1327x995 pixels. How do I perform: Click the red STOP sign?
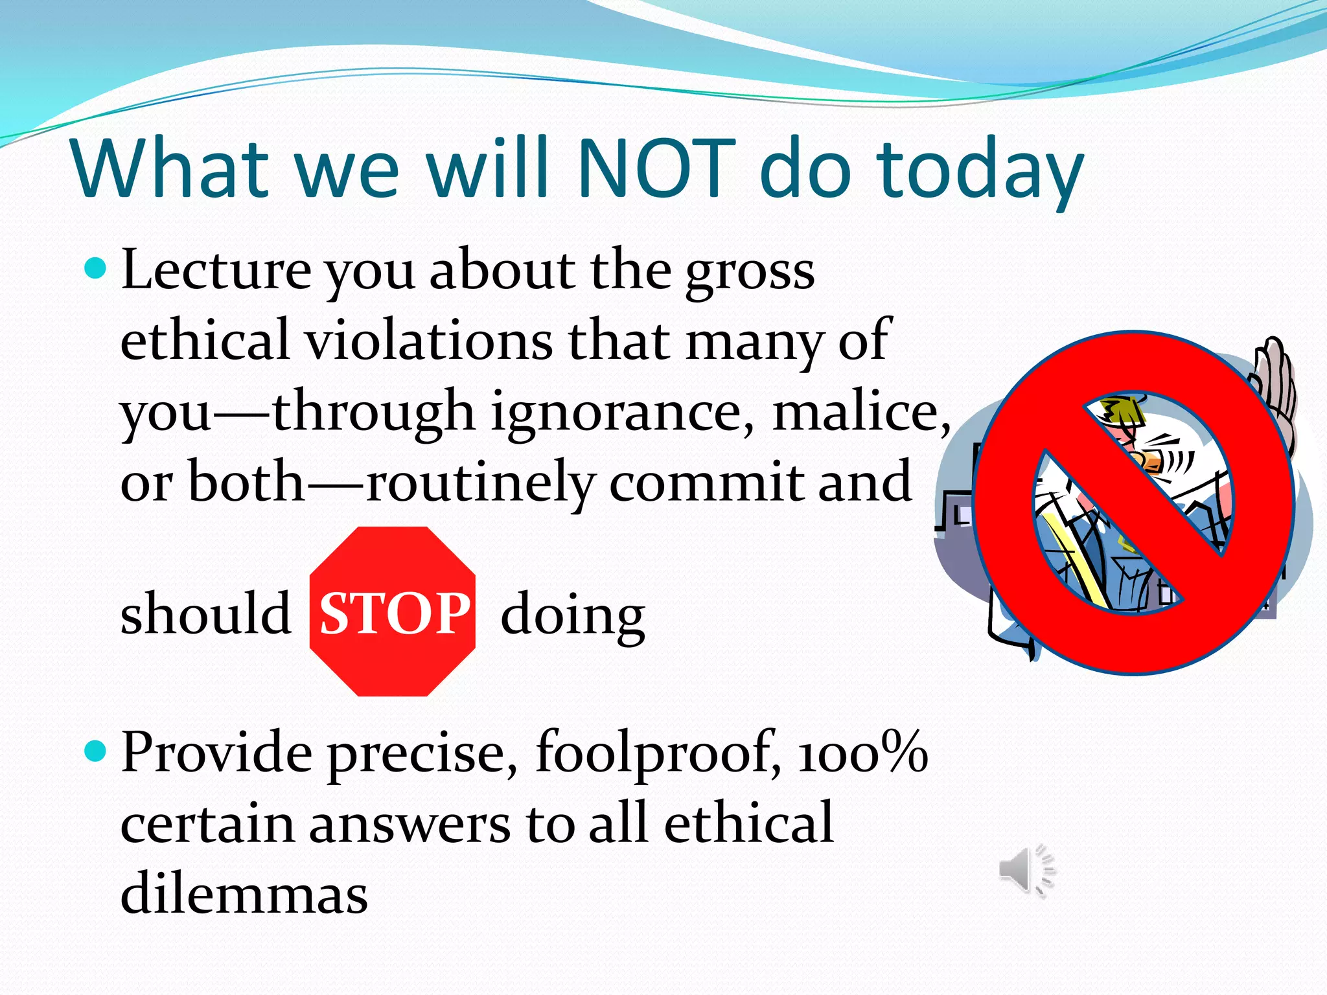tap(393, 612)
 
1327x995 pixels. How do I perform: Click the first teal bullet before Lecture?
tap(95, 268)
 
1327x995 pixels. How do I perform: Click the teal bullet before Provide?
tap(95, 751)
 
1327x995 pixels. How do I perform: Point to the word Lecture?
tap(216, 270)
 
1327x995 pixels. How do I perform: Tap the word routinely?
tap(479, 483)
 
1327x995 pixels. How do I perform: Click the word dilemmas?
tap(244, 894)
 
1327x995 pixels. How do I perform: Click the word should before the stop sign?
tap(205, 613)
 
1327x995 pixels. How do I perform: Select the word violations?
tap(428, 341)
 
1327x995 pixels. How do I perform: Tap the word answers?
tap(410, 824)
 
